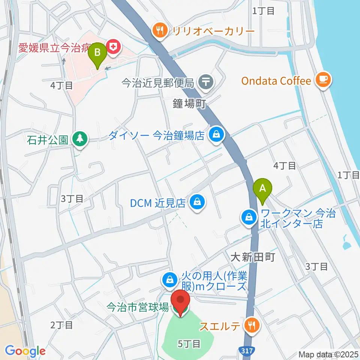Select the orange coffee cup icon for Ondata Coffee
[x=323, y=79]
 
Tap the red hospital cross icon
[x=112, y=47]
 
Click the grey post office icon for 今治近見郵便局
[x=206, y=82]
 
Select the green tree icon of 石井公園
[x=80, y=140]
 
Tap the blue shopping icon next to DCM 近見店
[x=196, y=202]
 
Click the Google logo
[x=25, y=351]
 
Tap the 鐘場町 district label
[x=190, y=104]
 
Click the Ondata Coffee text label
[x=276, y=81]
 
